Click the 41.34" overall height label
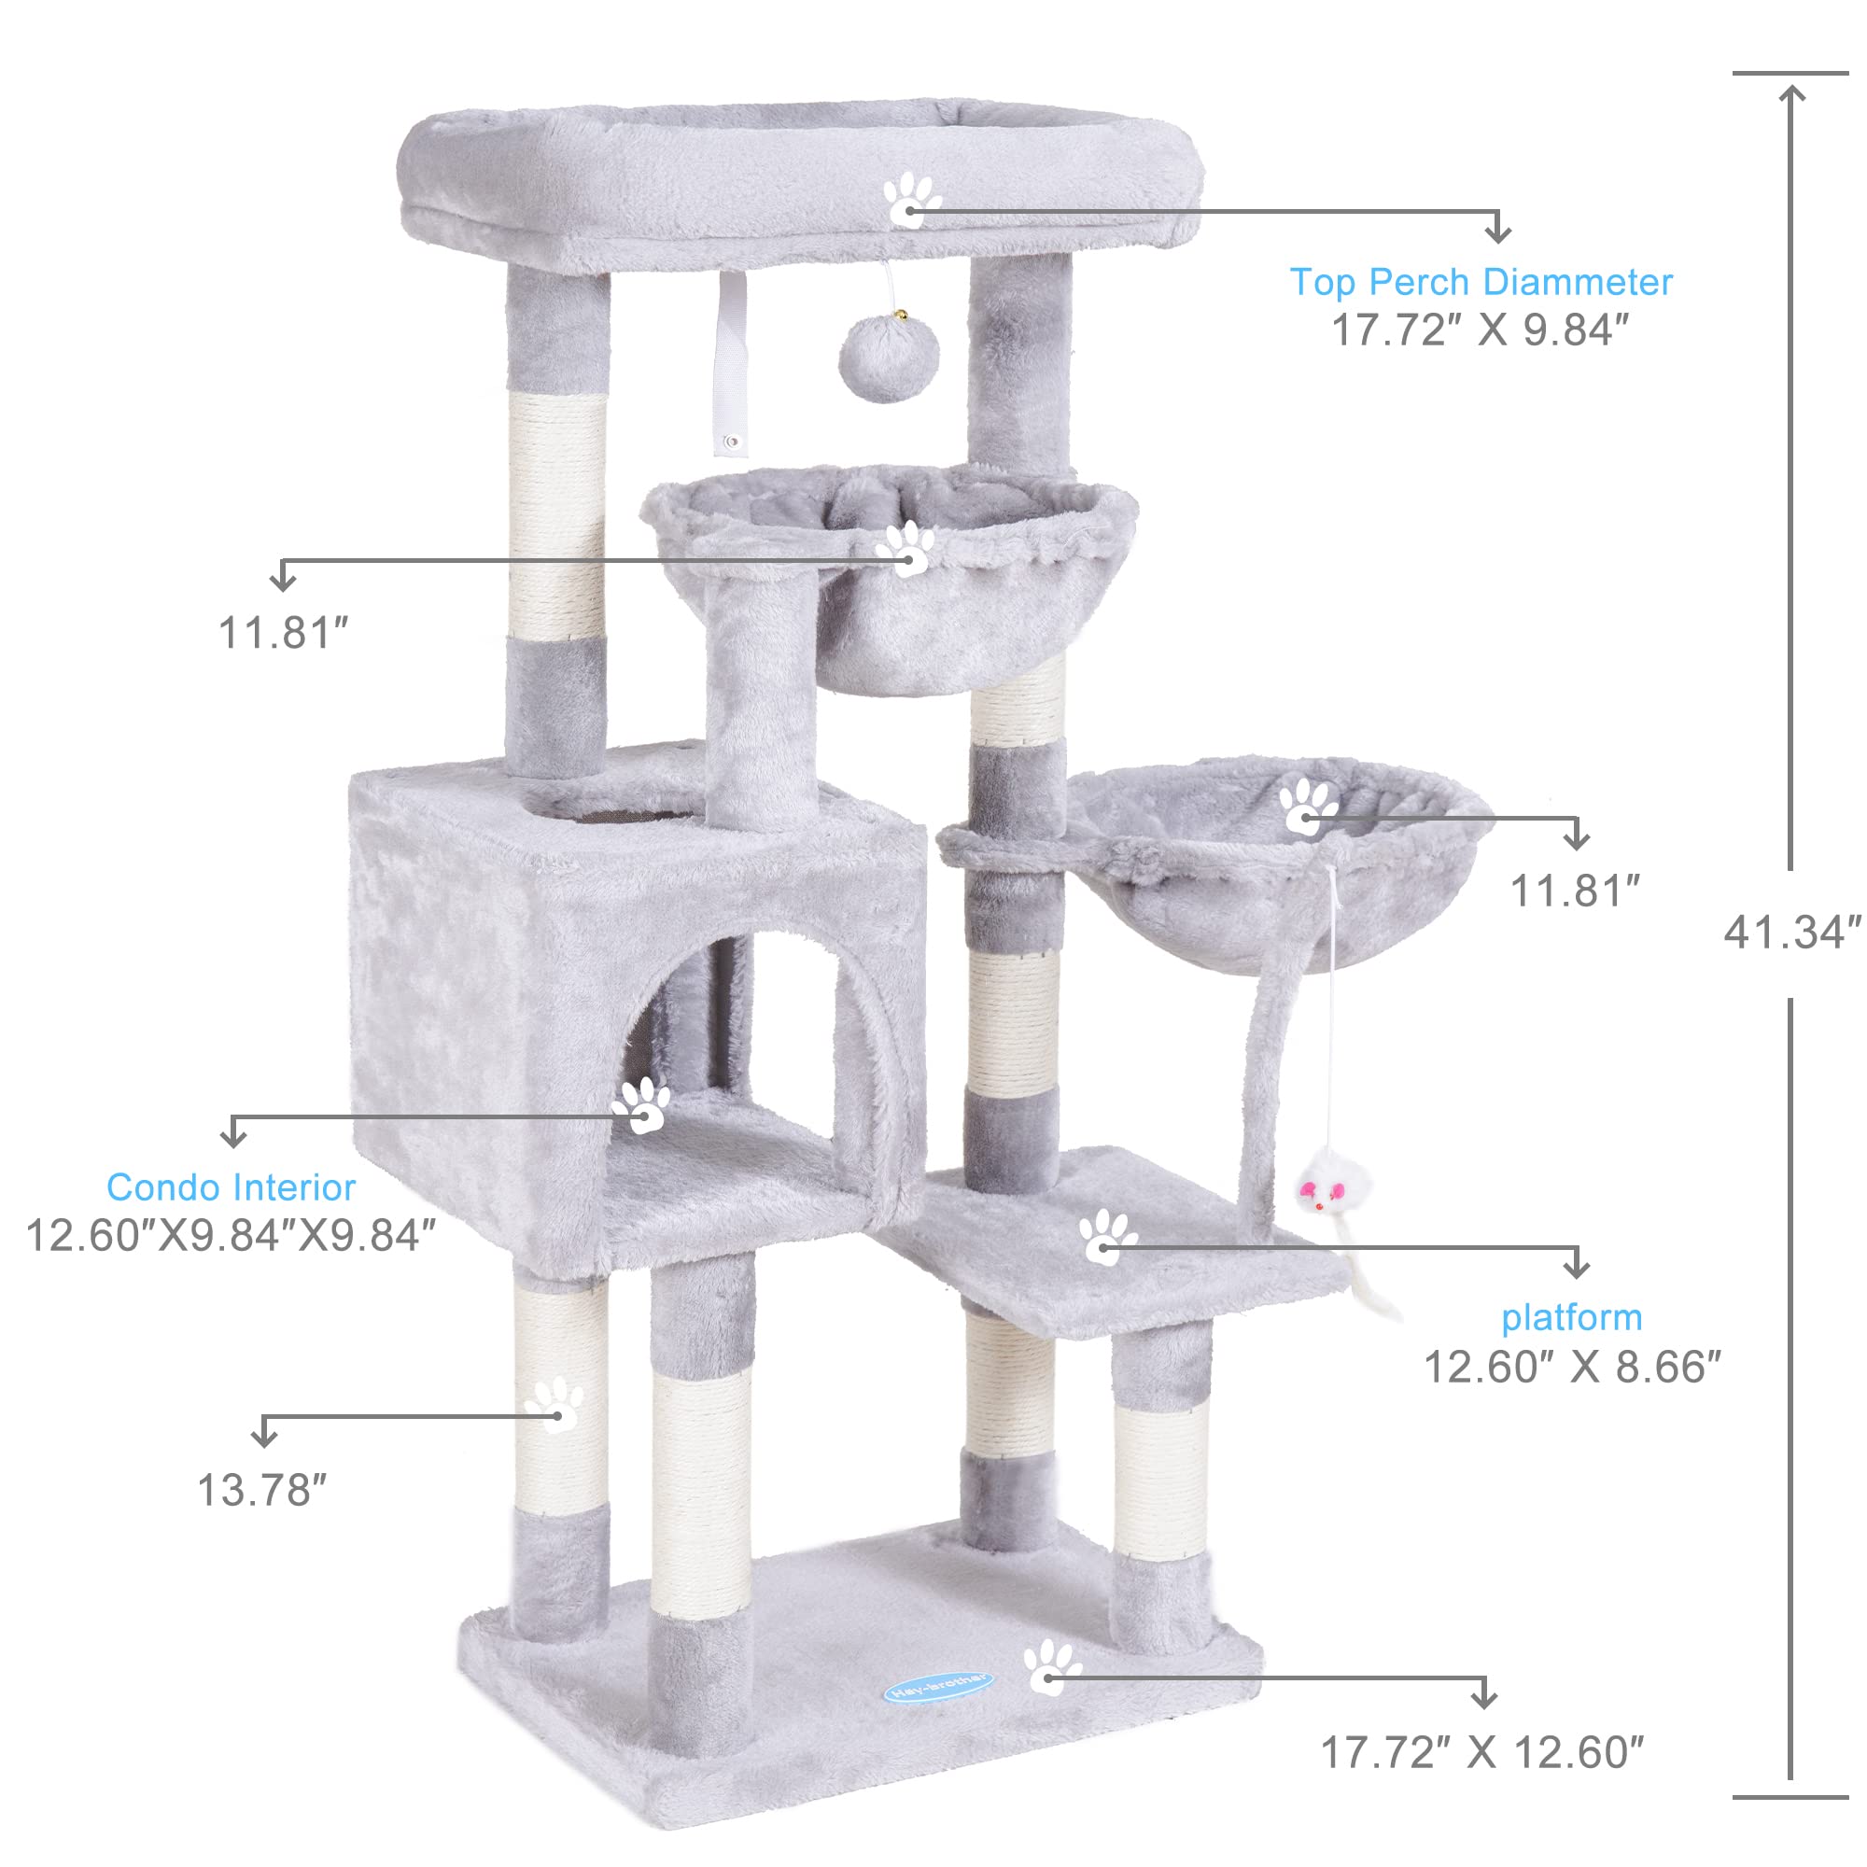pyautogui.click(x=1790, y=933)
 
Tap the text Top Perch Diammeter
pyautogui.click(x=1481, y=282)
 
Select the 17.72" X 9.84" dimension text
pyautogui.click(x=1480, y=330)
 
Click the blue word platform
pyautogui.click(x=1571, y=1317)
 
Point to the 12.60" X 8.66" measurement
pyautogui.click(x=1572, y=1368)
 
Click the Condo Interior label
pyautogui.click(x=231, y=1186)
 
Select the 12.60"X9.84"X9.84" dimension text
pyautogui.click(x=230, y=1236)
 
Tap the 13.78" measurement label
pyautogui.click(x=262, y=1490)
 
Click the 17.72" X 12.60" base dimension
pyautogui.click(x=1481, y=1753)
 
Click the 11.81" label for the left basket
pyautogui.click(x=282, y=634)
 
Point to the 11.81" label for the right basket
pyautogui.click(x=1574, y=891)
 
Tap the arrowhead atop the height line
pyautogui.click(x=1791, y=92)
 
